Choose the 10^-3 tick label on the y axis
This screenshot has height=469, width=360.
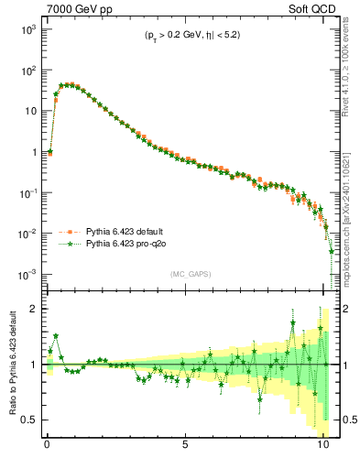(27, 275)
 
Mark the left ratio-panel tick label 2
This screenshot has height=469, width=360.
(34, 310)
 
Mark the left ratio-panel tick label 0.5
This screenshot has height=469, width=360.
(29, 420)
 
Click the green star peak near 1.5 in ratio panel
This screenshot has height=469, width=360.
(56, 336)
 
